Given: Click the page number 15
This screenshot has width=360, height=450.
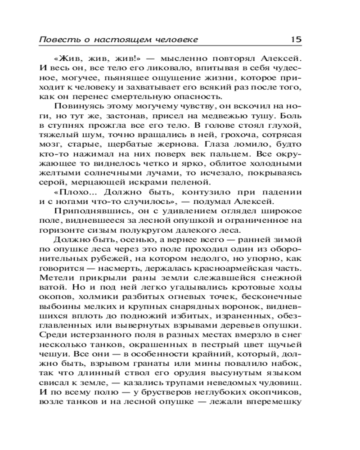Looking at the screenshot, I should (296, 39).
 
